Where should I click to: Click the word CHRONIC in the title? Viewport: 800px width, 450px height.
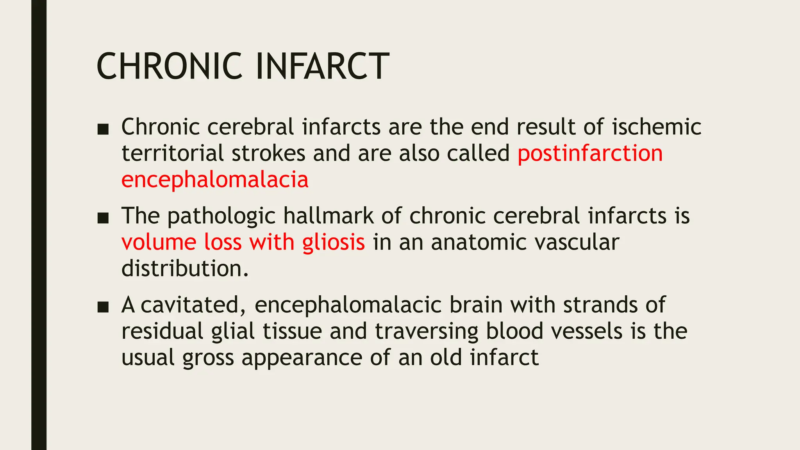tap(169, 66)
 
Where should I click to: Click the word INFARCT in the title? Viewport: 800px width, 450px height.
tap(322, 66)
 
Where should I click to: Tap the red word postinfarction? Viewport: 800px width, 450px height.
tap(590, 153)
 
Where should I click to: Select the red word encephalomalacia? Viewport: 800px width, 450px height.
tap(215, 180)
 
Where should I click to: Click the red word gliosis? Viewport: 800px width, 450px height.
tap(333, 242)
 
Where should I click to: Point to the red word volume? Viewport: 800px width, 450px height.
tap(159, 242)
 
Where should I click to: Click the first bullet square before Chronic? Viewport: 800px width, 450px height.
tap(103, 129)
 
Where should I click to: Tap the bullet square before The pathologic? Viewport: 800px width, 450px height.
tap(103, 218)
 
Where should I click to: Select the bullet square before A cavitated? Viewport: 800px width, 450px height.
tap(103, 307)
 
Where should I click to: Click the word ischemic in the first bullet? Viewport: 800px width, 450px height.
tap(656, 127)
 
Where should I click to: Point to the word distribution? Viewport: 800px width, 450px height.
tap(184, 269)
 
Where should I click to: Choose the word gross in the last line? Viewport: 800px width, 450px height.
tap(208, 358)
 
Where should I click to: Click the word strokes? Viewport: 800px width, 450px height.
tap(268, 153)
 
